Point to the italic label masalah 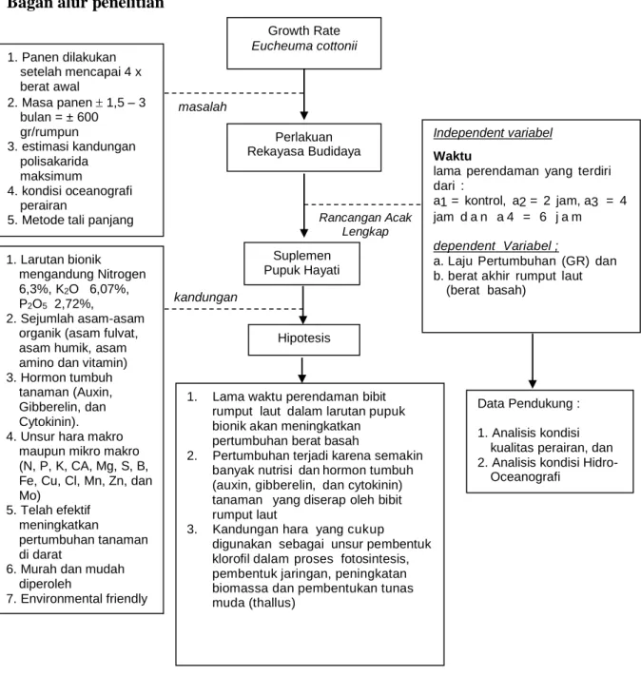203,106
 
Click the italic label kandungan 205,297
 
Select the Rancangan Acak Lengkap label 365,224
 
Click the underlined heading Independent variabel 493,133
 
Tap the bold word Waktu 452,156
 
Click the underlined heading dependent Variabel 495,245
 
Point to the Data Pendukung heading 529,403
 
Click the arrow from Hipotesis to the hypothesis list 301,370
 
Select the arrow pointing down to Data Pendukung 533,360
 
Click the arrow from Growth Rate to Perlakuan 303,94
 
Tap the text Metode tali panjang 78,220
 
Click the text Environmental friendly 84,598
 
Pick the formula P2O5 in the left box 32,304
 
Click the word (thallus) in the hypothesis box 271,603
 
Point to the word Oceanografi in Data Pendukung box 525,477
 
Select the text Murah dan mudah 72,570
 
